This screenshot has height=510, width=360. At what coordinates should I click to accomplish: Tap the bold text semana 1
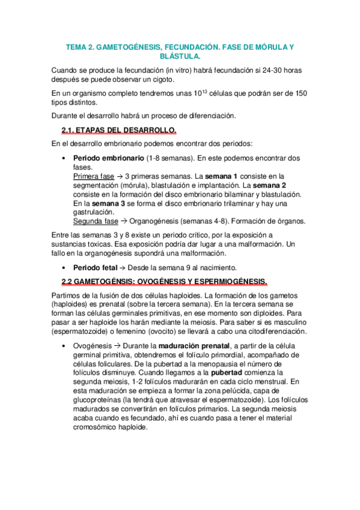point(219,176)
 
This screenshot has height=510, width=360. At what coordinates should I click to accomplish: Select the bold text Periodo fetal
point(96,267)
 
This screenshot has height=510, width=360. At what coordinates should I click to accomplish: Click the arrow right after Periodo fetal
point(124,267)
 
